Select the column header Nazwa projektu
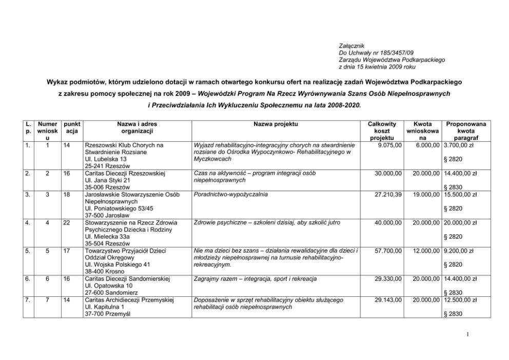(x=276, y=124)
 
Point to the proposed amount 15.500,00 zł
(x=459, y=195)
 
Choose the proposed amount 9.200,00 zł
(x=457, y=251)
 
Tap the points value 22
(x=66, y=223)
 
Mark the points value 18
(x=66, y=195)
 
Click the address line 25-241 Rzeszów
(x=108, y=166)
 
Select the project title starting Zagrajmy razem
(x=254, y=279)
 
